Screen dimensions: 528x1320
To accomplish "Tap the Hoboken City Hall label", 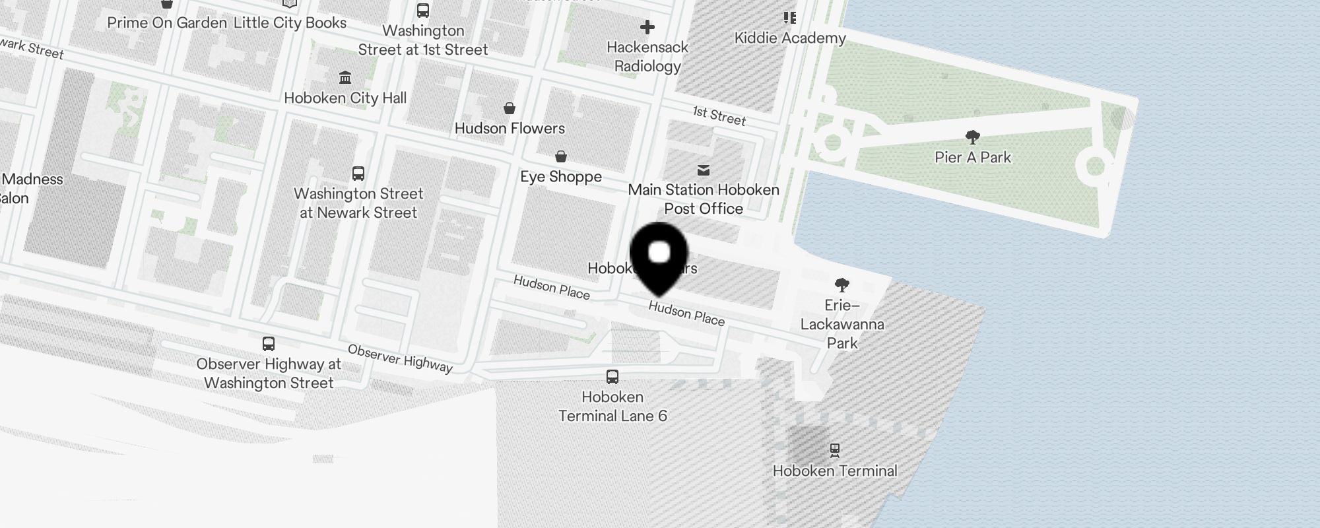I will (345, 98).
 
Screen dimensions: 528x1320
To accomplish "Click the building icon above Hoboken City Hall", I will (345, 78).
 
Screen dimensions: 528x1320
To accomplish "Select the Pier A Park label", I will (973, 158).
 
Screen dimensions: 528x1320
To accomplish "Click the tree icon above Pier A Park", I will (972, 137).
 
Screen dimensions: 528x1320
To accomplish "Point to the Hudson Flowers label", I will (510, 129).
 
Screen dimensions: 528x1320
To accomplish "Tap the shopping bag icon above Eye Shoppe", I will (561, 156).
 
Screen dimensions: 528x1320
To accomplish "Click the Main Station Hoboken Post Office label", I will (704, 199).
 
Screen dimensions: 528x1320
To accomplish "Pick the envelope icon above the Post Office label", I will (704, 170).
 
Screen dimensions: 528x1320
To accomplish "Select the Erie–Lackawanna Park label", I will (842, 324).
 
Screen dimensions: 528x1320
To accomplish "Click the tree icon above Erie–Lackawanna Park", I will (841, 285).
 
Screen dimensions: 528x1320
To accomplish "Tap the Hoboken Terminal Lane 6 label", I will (612, 407).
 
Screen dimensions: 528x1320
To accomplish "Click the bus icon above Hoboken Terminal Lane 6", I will (612, 377).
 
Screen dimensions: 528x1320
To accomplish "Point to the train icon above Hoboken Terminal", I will (835, 450).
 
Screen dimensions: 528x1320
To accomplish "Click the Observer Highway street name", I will (400, 358).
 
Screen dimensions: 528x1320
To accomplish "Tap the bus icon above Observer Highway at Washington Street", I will (269, 344).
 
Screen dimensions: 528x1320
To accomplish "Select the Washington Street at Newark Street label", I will (358, 203).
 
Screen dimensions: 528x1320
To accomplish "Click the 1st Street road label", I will (719, 115).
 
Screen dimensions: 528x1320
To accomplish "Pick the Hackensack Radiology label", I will (647, 57).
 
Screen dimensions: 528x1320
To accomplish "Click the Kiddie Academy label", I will (790, 38).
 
